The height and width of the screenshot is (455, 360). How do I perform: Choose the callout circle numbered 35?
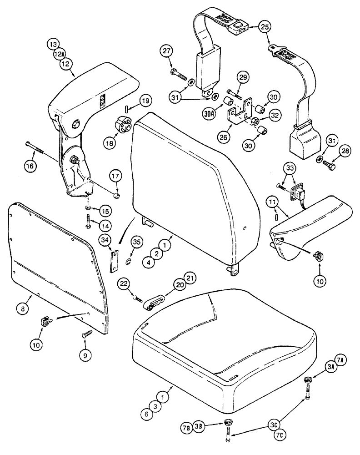click(x=135, y=241)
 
